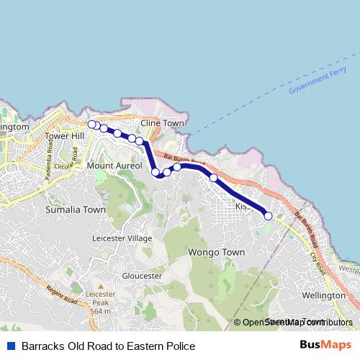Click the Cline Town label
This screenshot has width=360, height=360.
[x=162, y=123]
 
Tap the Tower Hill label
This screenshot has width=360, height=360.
[x=64, y=135]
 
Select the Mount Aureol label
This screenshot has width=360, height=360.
[x=109, y=166]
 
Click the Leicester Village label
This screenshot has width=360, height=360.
[x=122, y=238]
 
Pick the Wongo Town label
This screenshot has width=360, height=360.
[x=216, y=253]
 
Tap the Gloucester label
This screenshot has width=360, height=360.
[x=141, y=275]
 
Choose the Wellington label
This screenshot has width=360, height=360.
[x=324, y=295]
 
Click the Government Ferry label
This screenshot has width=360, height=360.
[x=318, y=81]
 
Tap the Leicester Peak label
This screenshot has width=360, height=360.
[x=100, y=294]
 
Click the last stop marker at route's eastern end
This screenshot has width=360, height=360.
[x=268, y=215]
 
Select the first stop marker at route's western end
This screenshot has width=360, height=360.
[x=91, y=125]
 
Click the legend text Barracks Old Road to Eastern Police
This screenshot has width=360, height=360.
[x=108, y=346]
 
